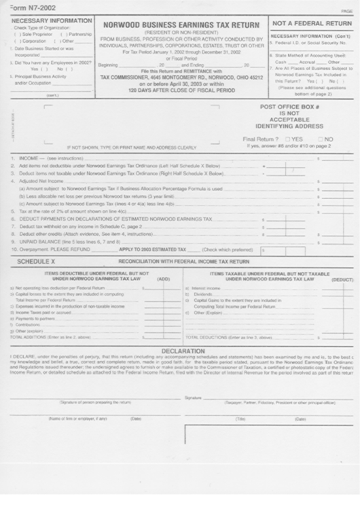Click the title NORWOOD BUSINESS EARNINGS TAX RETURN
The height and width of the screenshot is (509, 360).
[x=182, y=25]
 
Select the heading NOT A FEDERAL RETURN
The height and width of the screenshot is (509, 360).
[x=312, y=24]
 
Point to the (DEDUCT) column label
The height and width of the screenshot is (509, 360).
[x=342, y=279]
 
